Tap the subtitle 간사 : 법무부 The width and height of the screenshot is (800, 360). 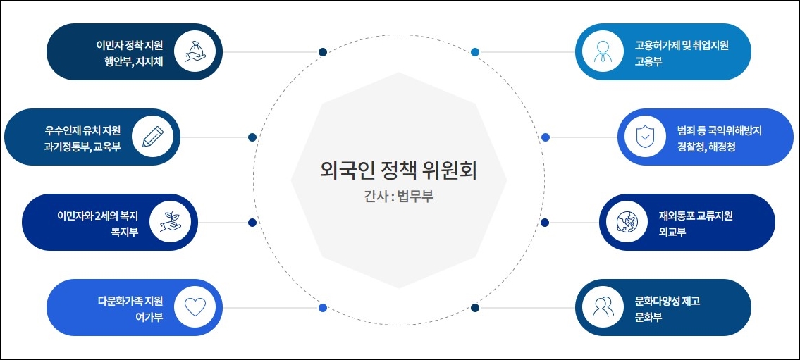394,196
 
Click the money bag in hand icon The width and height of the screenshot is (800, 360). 194,52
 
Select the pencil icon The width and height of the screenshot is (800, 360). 152,137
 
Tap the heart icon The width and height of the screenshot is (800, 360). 194,307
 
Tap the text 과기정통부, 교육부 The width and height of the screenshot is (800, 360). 82,147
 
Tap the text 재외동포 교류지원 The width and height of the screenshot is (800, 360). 696,216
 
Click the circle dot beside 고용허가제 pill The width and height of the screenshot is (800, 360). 475,52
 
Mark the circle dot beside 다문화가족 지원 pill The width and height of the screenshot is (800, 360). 323,308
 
